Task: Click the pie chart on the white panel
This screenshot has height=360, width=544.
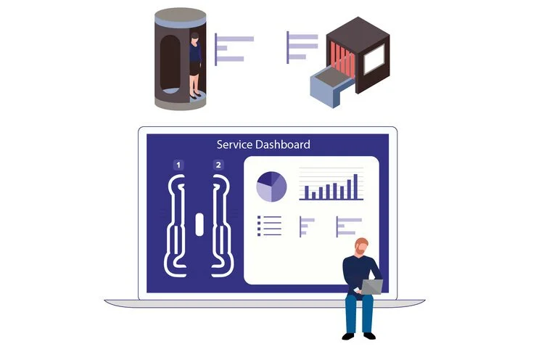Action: (x=271, y=187)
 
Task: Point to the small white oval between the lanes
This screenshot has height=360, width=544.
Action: (x=198, y=224)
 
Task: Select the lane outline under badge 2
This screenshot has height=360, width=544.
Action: (x=219, y=225)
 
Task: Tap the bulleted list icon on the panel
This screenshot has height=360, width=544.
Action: (x=269, y=226)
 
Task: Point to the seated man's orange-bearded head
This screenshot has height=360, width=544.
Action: (x=361, y=247)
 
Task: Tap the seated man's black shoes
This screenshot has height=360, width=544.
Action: (x=359, y=335)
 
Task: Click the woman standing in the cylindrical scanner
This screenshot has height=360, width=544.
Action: (x=195, y=64)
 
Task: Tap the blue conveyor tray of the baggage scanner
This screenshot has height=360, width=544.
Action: (x=326, y=86)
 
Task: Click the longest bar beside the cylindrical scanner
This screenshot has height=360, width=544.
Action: (x=235, y=38)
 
